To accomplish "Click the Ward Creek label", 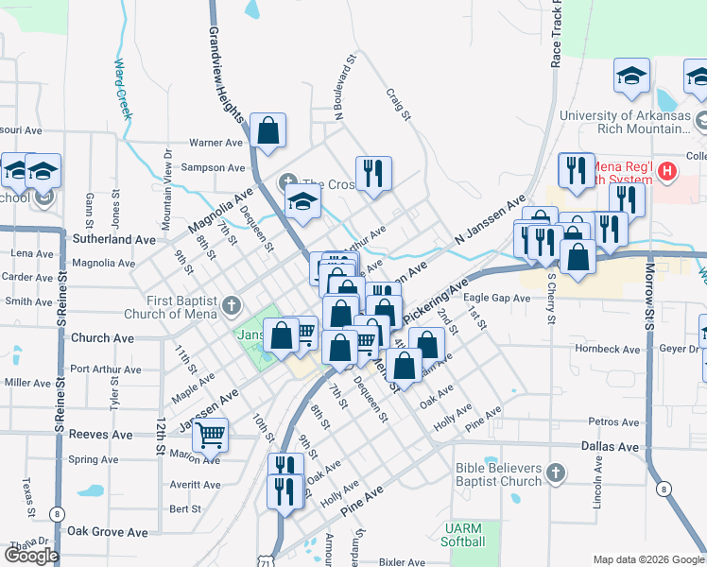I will pos(122,90).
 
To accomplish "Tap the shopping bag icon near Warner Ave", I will pos(268,131).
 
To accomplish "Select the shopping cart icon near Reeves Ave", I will pos(211,436).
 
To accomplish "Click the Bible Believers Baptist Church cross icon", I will pos(556,473).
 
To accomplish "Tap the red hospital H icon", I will pos(667,171).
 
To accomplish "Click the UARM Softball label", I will pos(463,535).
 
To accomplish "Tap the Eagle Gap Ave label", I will pos(496,298).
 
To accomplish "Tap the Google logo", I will pos(31,556).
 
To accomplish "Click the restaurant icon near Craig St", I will pos(373,174).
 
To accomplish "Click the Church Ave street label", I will pos(103,337).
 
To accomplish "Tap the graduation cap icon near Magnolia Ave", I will pos(302,201).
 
